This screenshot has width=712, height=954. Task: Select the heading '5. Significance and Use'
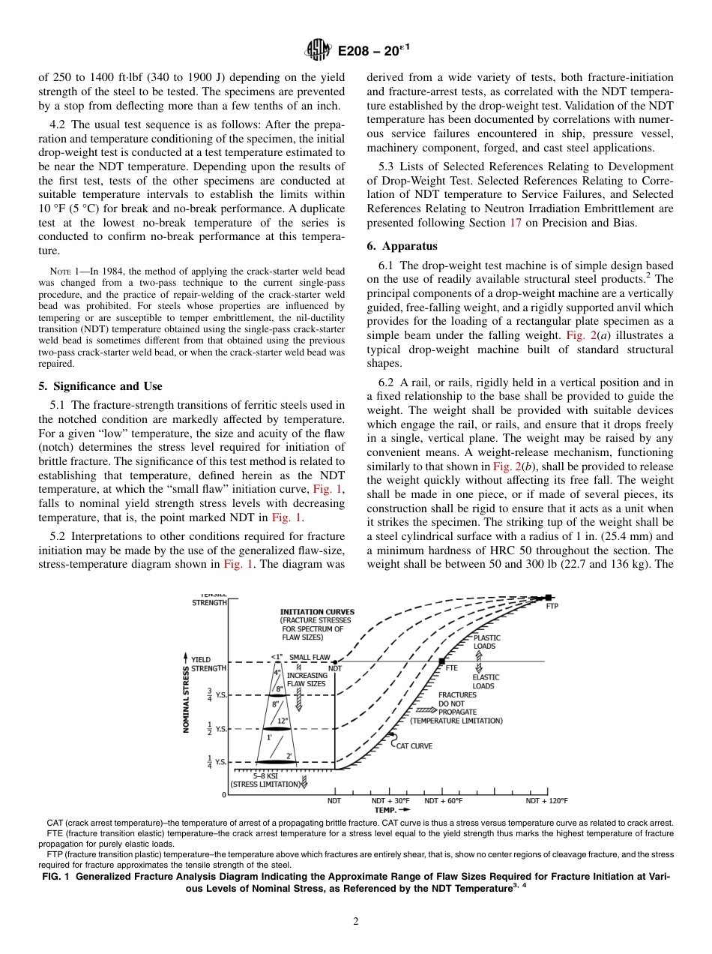(100, 386)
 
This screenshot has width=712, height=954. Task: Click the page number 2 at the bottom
(356, 922)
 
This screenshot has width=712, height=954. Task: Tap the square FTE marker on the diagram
(441, 661)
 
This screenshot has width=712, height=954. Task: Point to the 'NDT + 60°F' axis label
(444, 801)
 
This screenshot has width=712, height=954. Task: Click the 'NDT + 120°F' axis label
(546, 801)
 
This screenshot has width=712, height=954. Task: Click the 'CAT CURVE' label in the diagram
(414, 745)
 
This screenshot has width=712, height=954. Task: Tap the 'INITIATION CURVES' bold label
(317, 612)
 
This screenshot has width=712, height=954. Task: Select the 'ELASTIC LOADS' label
(486, 682)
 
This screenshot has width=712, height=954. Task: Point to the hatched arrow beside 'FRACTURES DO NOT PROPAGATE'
(425, 709)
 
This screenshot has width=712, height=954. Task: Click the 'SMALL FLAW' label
(310, 657)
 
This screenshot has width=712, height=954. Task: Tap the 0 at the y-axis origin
(223, 794)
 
